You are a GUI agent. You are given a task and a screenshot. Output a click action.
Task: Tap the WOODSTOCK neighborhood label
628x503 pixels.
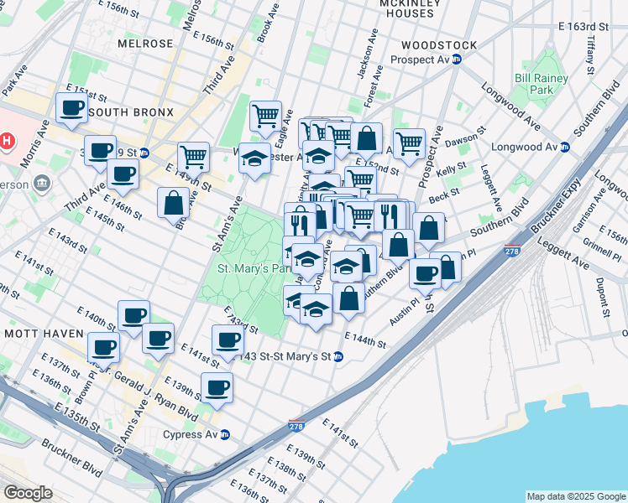[x=439, y=45]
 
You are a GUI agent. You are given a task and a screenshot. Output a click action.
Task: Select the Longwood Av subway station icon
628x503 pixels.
[x=565, y=147]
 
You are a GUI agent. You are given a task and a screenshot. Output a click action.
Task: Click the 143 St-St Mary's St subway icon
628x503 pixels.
[x=338, y=356]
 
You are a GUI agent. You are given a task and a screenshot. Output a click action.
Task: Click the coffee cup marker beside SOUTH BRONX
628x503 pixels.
[x=71, y=107]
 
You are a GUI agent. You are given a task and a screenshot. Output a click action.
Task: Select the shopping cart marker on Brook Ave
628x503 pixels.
[x=266, y=115]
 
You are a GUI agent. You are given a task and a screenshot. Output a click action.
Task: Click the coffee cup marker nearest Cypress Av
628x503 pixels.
[x=217, y=387]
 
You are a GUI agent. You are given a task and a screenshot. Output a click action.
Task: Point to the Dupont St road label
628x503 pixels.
[x=601, y=298]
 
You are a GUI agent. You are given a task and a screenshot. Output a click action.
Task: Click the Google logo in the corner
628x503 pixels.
[x=28, y=493]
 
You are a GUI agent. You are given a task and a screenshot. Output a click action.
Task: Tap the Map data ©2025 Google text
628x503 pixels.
[x=575, y=496]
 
